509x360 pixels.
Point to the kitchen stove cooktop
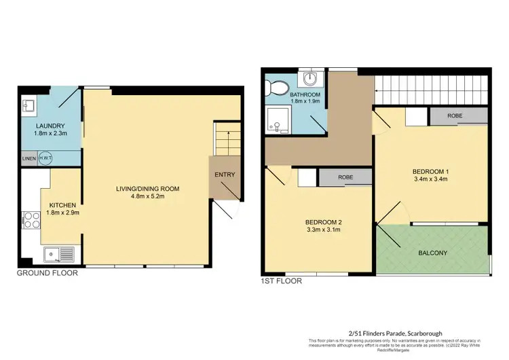coord(31,221)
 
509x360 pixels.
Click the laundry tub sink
coord(29,106)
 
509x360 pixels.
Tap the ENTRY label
coord(225,175)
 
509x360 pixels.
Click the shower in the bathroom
coord(278,120)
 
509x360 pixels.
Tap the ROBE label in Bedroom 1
coord(455,116)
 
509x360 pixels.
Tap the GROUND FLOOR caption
coord(48,273)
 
